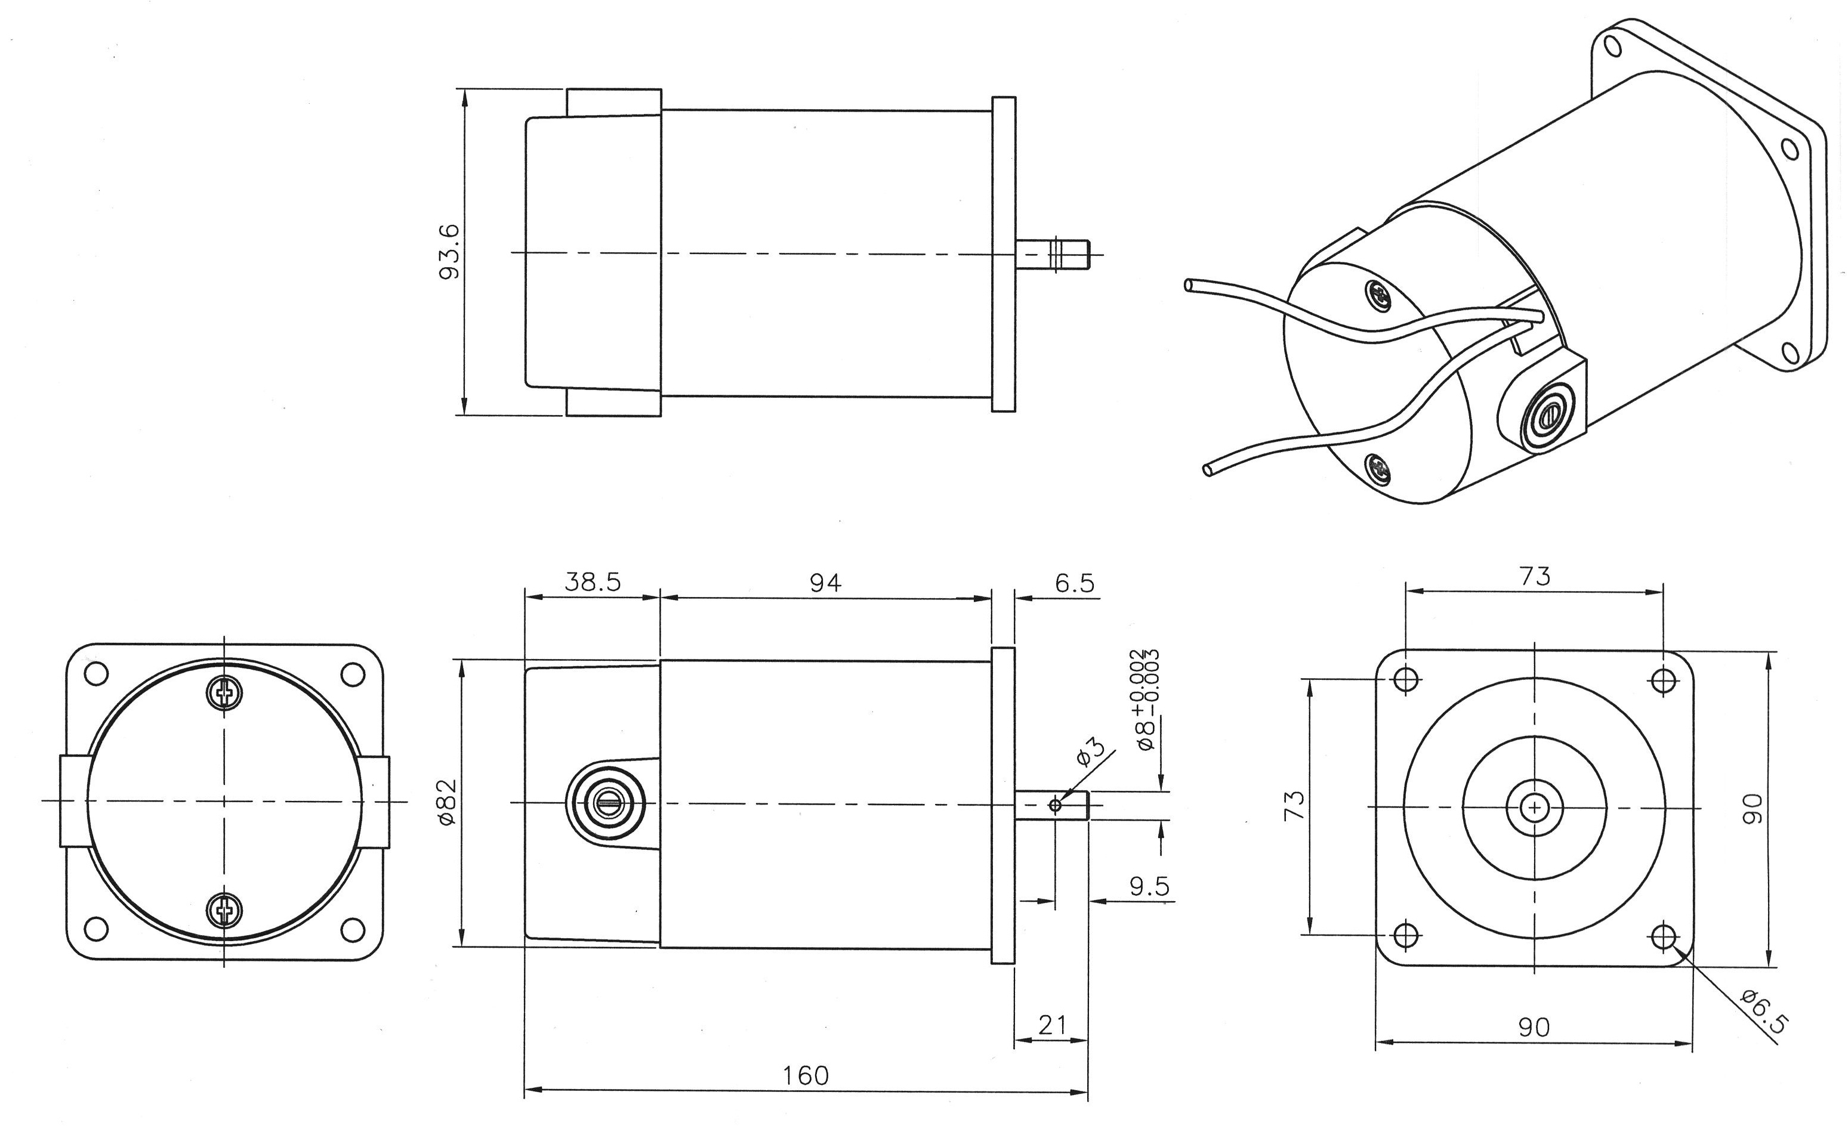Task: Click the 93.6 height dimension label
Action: click(x=449, y=252)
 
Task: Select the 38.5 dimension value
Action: click(x=593, y=581)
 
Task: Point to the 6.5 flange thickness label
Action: click(x=1074, y=583)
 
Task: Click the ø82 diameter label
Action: click(x=448, y=803)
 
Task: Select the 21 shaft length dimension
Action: click(x=1051, y=1025)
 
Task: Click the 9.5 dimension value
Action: click(x=1149, y=886)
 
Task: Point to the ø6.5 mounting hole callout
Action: click(x=1764, y=1012)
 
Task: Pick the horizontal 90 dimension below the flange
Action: click(x=1534, y=1027)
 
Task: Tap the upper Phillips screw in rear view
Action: click(x=224, y=692)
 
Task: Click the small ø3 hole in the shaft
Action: click(x=1055, y=805)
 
